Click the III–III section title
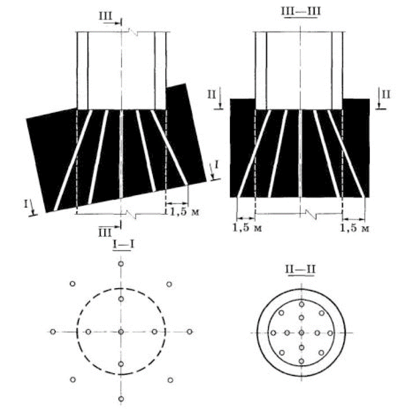[x=301, y=11]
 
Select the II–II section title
[x=301, y=269]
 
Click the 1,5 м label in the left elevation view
[x=185, y=211]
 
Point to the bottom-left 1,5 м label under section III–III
[x=247, y=228]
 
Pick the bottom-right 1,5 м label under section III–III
[x=354, y=228]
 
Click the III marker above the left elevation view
[x=106, y=16]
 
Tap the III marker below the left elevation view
[x=105, y=233]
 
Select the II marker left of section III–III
[x=211, y=95]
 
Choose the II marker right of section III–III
[x=386, y=95]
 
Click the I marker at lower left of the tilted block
[x=26, y=204]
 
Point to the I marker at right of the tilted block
[x=217, y=165]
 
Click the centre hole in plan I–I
[x=121, y=332]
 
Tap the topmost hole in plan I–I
[x=121, y=264]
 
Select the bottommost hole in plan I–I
[x=121, y=399]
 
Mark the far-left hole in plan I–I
[x=53, y=332]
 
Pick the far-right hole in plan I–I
[x=190, y=332]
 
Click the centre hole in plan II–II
[x=302, y=333]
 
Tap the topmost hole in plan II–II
[x=302, y=304]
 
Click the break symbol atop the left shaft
[x=133, y=32]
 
